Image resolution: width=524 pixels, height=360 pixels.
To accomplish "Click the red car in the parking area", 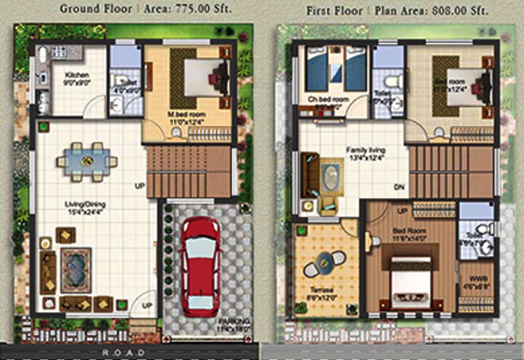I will point(200,266).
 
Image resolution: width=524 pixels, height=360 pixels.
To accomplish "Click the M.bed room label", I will point(187,114).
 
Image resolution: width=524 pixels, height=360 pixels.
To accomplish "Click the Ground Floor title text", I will point(96,9).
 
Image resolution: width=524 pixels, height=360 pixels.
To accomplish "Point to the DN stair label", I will point(399,187).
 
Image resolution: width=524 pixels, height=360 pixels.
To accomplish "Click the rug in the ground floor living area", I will point(75,270).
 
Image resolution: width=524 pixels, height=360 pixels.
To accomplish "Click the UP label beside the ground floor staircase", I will point(139,186).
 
